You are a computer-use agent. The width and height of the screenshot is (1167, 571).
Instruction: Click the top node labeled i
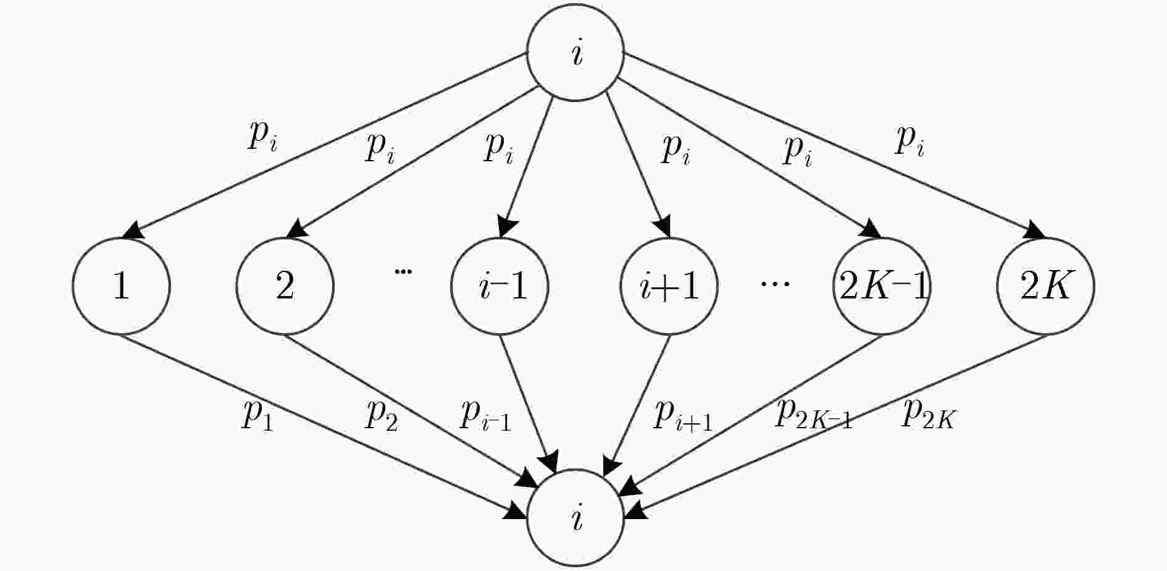575,53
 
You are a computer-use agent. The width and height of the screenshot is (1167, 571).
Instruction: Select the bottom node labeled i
575,519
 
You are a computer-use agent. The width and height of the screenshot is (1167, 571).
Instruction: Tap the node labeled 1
121,286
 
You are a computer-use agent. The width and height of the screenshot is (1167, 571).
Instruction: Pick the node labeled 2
285,286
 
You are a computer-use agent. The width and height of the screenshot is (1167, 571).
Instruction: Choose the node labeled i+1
669,286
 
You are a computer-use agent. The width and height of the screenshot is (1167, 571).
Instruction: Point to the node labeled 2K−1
882,286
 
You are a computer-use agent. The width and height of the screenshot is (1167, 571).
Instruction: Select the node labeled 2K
1045,286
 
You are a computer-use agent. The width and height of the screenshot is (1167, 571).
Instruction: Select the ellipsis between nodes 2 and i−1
403,271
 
